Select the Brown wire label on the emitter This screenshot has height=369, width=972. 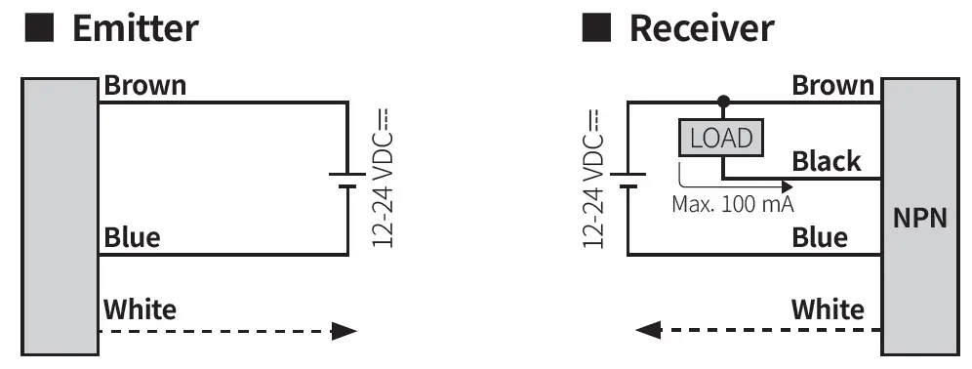pyautogui.click(x=144, y=86)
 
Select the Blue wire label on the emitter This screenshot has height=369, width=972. pyautogui.click(x=132, y=237)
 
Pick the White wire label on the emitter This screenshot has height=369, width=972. pyautogui.click(x=140, y=310)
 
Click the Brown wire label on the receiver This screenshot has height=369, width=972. pyautogui.click(x=832, y=86)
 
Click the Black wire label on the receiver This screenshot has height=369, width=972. pyautogui.click(x=827, y=161)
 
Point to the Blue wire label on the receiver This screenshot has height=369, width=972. pyautogui.click(x=820, y=237)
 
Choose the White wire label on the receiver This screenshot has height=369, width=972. pyautogui.click(x=828, y=310)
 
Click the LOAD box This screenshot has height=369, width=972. pyautogui.click(x=721, y=139)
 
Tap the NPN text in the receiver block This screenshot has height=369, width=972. pyautogui.click(x=919, y=218)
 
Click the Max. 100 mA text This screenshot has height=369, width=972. pyautogui.click(x=732, y=205)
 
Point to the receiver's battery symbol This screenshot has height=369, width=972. pyautogui.click(x=628, y=180)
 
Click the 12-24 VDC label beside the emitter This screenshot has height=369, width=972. pyautogui.click(x=383, y=180)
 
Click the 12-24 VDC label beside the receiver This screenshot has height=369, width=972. pyautogui.click(x=592, y=180)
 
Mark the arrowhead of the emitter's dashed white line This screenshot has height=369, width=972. pyautogui.click(x=344, y=331)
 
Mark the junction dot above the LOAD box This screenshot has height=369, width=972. pyautogui.click(x=722, y=102)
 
